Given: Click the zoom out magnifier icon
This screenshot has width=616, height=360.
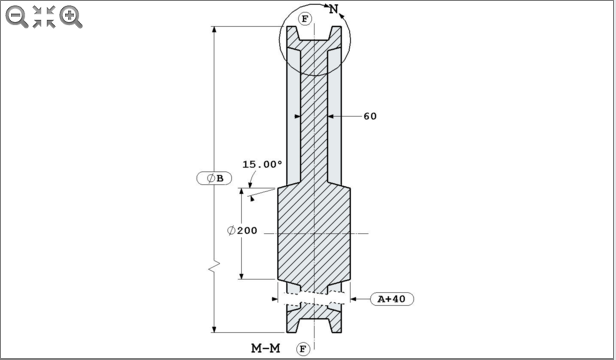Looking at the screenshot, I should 17,16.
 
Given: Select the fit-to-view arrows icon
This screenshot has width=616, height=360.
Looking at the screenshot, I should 44,16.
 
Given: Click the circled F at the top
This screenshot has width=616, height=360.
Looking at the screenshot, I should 305,19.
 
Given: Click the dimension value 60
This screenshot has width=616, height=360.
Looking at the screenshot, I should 369,116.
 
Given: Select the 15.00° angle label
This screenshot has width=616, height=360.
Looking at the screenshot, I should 262,165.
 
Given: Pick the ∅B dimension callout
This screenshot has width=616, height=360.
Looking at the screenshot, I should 215,178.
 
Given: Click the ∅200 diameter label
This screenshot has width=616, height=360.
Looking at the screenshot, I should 242,230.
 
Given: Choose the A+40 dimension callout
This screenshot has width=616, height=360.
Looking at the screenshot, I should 393,298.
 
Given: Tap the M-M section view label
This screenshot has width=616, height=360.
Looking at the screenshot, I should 265,348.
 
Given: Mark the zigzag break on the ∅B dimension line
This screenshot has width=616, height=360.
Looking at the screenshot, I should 213,269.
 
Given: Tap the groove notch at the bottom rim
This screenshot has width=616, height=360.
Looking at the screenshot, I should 314,326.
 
